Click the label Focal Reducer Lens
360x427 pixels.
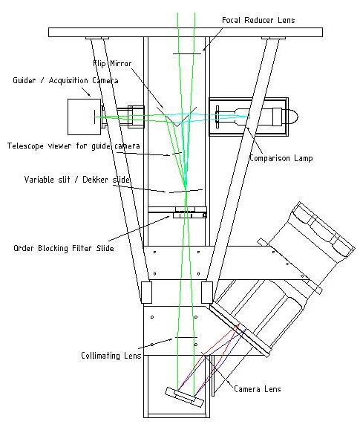[x=258, y=20]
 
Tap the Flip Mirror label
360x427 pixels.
[x=112, y=63]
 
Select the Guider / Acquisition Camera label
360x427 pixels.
[x=65, y=80]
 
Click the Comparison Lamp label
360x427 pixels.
[x=281, y=158]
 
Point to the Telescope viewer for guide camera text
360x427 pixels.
[x=73, y=146]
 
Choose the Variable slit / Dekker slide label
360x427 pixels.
[x=77, y=180]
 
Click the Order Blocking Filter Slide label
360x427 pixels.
[x=64, y=248]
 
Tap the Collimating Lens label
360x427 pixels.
[x=111, y=356]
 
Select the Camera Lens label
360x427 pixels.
[x=258, y=388]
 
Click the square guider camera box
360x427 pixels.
[x=84, y=117]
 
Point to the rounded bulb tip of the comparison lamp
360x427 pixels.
[x=295, y=117]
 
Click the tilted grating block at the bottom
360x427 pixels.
[x=185, y=397]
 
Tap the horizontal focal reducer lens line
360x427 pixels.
[x=187, y=53]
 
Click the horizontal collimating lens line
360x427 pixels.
[x=186, y=337]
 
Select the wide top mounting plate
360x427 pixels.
[x=186, y=32]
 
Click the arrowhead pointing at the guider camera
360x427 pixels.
[x=89, y=95]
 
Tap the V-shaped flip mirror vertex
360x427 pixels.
[x=177, y=126]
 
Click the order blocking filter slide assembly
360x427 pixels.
[x=177, y=212]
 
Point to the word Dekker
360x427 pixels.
[x=95, y=180]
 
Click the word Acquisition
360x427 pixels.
[x=68, y=81]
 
